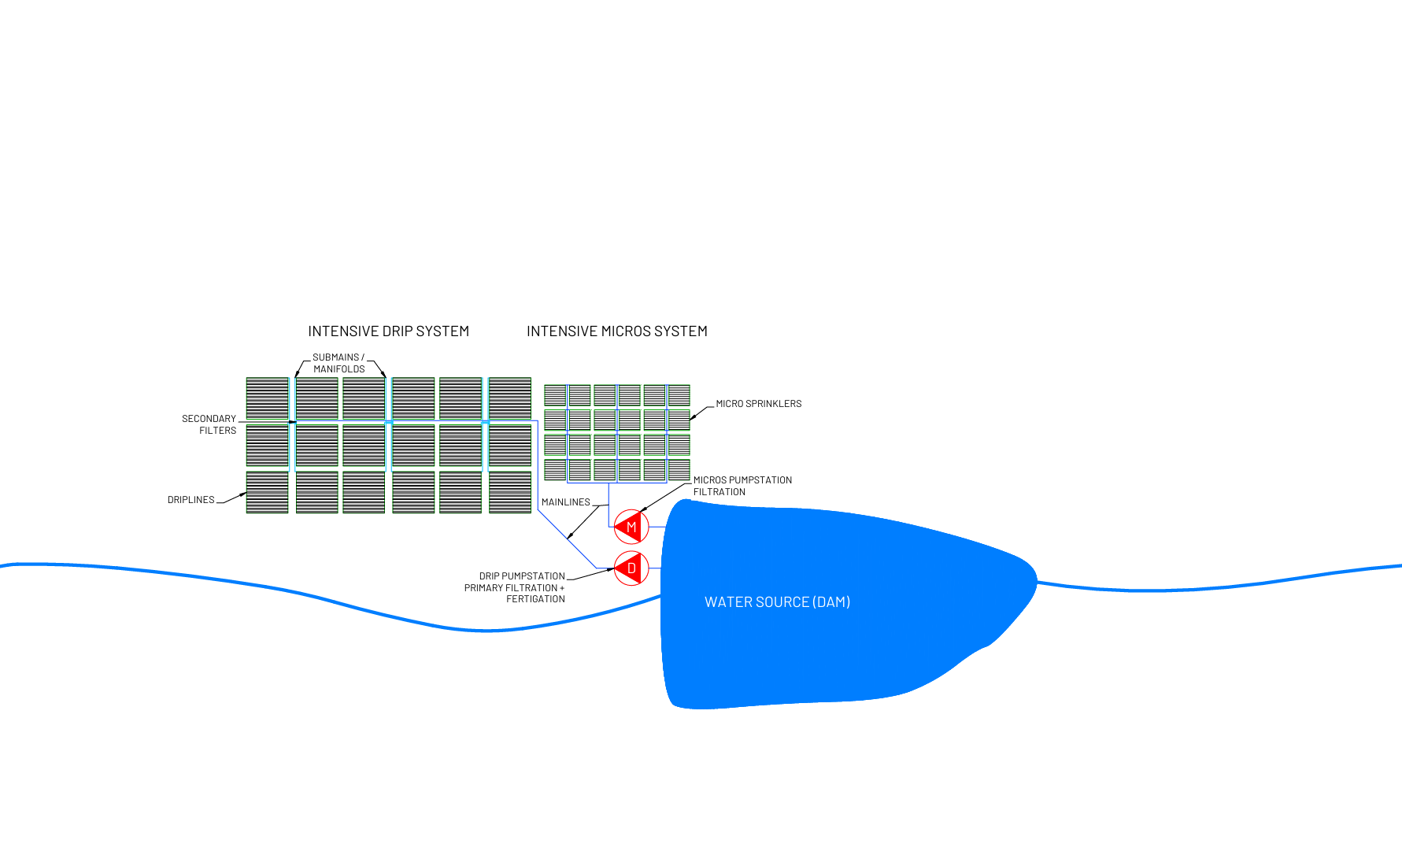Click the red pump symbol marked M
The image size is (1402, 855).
pos(631,527)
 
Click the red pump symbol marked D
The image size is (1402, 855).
pos(631,568)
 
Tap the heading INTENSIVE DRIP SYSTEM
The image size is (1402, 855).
pos(388,331)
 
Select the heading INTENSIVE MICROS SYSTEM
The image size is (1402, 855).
pos(616,331)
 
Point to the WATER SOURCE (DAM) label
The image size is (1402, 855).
pos(777,602)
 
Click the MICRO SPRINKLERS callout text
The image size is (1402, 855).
pos(758,404)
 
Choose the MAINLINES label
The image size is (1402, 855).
pos(565,502)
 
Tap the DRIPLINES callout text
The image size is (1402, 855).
pos(191,500)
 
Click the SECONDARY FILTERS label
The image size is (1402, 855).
pos(209,424)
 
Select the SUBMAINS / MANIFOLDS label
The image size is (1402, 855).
pos(338,363)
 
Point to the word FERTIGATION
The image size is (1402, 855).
pos(535,599)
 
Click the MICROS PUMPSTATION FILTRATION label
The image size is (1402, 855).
pos(742,486)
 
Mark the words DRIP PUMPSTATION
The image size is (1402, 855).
pos(522,576)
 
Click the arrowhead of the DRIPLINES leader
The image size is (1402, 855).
pos(244,494)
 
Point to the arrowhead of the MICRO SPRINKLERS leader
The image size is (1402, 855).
pos(692,418)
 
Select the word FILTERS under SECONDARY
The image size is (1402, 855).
pos(217,431)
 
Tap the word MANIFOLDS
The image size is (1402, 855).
pos(339,369)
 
